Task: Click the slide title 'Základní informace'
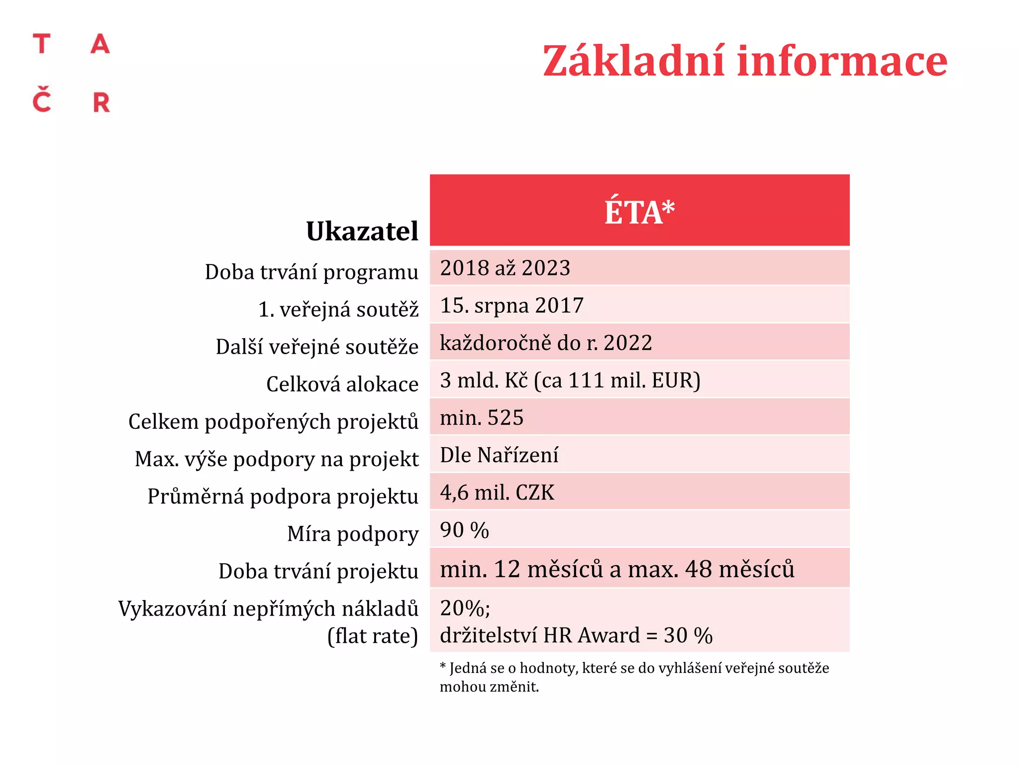tap(745, 61)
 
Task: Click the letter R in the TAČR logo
tap(102, 103)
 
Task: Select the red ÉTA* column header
tap(639, 211)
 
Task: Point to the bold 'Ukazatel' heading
tap(362, 231)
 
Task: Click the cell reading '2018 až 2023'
tap(505, 268)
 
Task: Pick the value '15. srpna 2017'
tap(511, 305)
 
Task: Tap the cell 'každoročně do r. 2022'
tap(546, 343)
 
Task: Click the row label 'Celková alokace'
tap(342, 384)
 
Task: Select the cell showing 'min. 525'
tap(482, 417)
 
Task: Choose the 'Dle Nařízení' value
tap(499, 455)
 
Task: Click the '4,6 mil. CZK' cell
tap(497, 493)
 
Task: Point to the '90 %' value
tap(464, 530)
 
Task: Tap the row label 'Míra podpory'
tap(353, 534)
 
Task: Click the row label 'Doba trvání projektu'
tap(318, 571)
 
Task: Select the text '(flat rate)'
tap(373, 636)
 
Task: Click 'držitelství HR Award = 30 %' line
tap(576, 636)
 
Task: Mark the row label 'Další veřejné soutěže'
tap(317, 347)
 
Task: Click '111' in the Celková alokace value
tap(586, 381)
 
